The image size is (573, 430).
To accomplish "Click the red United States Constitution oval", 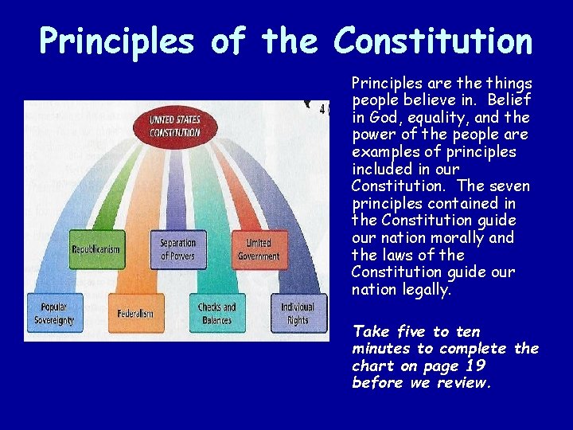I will click(x=175, y=126).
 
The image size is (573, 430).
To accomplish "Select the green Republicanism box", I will click(x=95, y=249).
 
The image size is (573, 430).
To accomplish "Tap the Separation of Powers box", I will click(x=177, y=249).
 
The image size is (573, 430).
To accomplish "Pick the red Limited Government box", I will click(x=259, y=249).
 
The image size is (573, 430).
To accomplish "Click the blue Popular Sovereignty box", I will click(x=54, y=313).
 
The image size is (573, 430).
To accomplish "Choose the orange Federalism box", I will click(x=135, y=313).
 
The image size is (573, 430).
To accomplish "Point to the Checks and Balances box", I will click(x=216, y=313).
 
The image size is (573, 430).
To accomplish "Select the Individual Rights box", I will click(x=298, y=313).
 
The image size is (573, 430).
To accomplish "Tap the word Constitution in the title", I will click(x=433, y=41).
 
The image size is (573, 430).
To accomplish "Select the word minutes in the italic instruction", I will click(x=382, y=349).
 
